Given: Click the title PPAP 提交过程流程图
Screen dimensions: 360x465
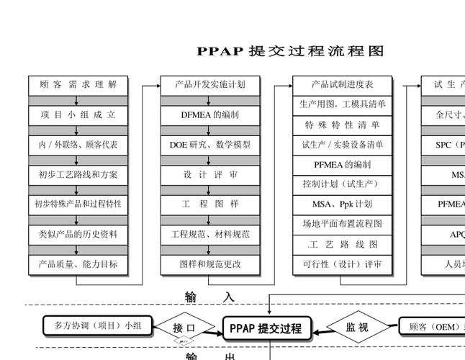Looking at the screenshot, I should pos(291,51).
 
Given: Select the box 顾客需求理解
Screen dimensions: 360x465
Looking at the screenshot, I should pos(78,84).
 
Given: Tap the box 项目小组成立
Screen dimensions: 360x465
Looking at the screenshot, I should pos(78,114).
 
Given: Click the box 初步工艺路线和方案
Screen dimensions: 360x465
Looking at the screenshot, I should pos(78,174).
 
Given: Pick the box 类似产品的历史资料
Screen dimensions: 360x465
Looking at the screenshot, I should pos(78,234).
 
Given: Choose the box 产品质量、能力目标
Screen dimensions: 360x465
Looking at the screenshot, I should pos(78,264).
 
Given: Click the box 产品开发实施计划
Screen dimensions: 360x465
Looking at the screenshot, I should pos(210,84).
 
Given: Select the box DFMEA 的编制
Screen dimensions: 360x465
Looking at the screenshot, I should pos(210,114).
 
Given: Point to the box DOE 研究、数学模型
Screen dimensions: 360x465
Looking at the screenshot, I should pos(210,145).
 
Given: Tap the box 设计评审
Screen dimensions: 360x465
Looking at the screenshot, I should pos(210,174).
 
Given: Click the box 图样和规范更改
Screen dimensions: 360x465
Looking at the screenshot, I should pos(210,264).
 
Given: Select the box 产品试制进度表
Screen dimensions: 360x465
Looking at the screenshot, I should pos(343,84).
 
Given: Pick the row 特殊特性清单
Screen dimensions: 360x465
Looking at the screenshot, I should pos(343,125).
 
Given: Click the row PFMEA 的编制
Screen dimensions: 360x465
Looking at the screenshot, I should pos(343,164).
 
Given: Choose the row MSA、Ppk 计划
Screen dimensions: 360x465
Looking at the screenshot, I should pos(343,204).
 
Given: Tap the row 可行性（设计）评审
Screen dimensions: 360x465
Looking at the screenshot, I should pos(343,264).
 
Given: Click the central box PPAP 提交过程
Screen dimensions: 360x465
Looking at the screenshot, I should pos(266,329).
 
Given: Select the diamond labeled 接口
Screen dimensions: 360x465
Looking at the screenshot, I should pos(184,328).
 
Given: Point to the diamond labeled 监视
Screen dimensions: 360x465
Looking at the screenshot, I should pos(357,328).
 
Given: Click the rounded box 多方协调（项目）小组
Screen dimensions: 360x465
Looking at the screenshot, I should pos(99,326).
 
